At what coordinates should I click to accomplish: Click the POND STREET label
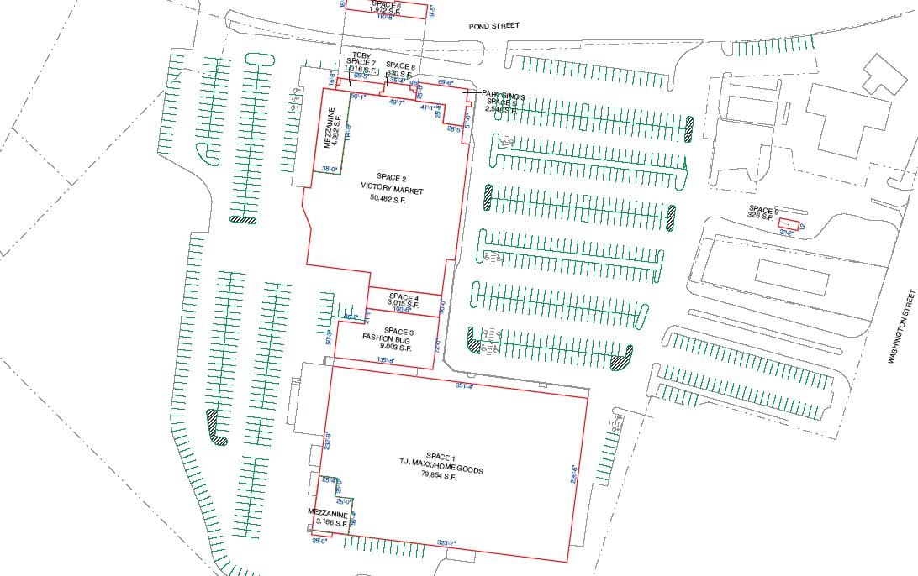pyautogui.click(x=494, y=26)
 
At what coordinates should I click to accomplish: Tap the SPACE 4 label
pyautogui.click(x=404, y=297)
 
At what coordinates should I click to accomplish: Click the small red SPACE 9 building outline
pyautogui.click(x=788, y=223)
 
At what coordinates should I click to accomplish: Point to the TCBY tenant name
pyautogui.click(x=361, y=56)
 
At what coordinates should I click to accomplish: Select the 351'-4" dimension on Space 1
pyautogui.click(x=465, y=386)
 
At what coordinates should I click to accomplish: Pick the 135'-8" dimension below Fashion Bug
pyautogui.click(x=386, y=360)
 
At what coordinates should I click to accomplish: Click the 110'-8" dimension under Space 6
pyautogui.click(x=388, y=17)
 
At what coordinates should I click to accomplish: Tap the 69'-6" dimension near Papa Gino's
pyautogui.click(x=446, y=82)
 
